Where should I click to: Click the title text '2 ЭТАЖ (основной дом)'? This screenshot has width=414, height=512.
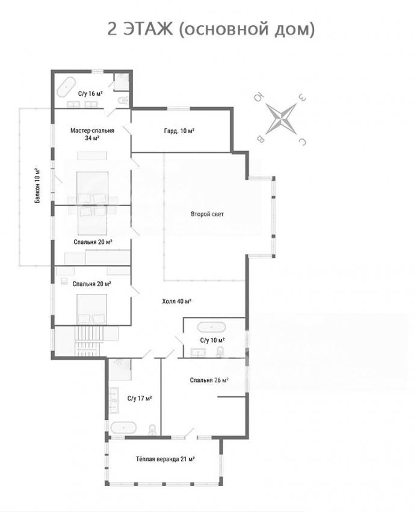tap(211, 30)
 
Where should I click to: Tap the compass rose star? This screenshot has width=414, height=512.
tap(281, 119)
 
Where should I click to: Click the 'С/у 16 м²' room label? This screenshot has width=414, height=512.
tap(90, 94)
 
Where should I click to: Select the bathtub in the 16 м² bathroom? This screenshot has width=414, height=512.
tap(67, 87)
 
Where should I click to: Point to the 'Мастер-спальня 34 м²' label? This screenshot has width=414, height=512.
tap(92, 134)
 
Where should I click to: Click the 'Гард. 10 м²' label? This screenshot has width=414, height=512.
tap(179, 131)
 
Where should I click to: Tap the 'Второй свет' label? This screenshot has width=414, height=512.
tap(208, 214)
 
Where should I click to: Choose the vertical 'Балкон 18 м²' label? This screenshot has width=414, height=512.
tap(38, 186)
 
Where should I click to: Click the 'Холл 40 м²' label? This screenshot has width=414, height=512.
tap(176, 301)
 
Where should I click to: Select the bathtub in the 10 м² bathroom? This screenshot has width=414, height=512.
tap(211, 327)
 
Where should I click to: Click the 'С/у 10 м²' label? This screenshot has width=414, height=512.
tap(212, 340)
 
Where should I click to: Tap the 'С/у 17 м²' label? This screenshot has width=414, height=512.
tap(140, 398)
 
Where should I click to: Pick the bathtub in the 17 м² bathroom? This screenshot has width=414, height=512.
tap(123, 428)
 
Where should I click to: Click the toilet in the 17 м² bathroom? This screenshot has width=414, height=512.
tap(152, 429)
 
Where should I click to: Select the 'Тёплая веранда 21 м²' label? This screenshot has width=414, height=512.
tap(165, 459)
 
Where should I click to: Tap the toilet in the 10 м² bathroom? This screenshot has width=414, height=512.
tap(221, 351)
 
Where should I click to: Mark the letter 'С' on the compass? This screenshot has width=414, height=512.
tap(303, 142)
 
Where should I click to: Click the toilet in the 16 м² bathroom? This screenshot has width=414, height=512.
tap(123, 101)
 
